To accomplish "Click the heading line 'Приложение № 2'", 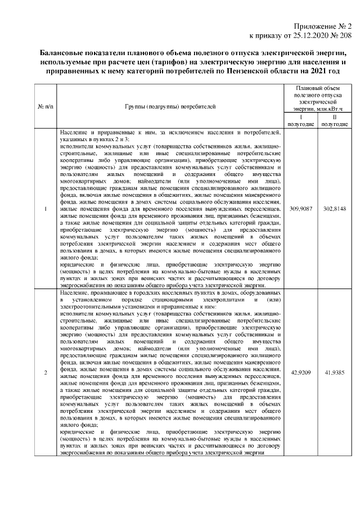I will tap(322, 26).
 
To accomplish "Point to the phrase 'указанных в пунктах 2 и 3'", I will tap(95, 138).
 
